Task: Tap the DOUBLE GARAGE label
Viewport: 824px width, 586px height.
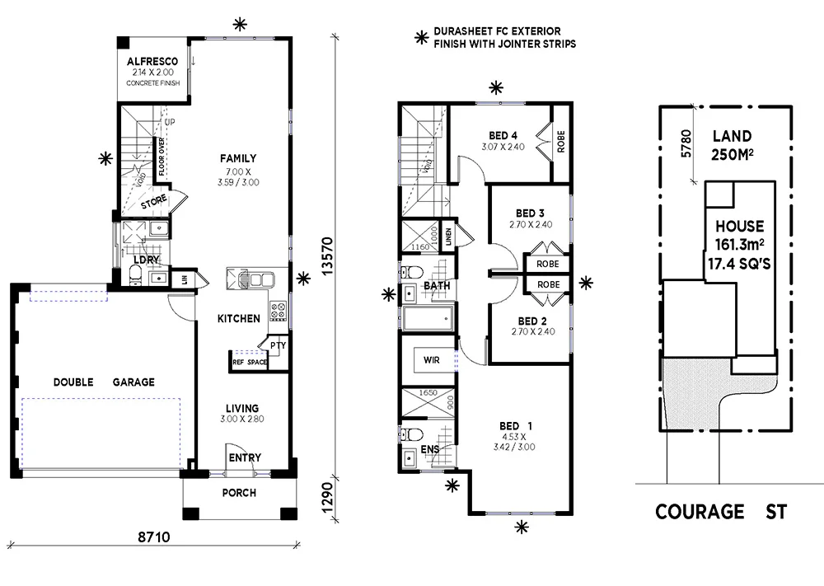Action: point(104,382)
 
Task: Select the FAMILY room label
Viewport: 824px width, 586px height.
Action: point(237,158)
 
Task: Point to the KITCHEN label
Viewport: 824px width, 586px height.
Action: point(238,318)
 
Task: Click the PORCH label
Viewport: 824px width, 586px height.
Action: point(239,493)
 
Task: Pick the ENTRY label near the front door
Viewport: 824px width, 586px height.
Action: point(245,457)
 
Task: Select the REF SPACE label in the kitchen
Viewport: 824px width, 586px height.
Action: point(249,362)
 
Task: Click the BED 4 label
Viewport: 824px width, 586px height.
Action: point(503,136)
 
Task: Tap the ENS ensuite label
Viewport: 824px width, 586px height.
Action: point(430,450)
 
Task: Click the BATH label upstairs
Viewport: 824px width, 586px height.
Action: point(437,286)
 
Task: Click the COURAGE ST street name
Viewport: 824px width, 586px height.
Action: point(720,512)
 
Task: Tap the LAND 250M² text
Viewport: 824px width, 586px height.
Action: point(732,144)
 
